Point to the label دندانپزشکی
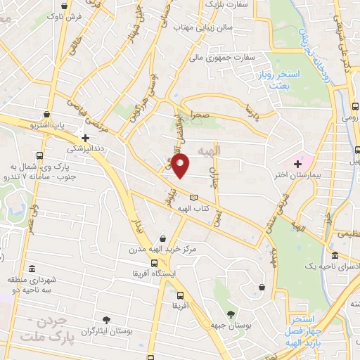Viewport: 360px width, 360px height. [85, 149]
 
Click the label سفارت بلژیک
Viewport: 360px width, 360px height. [227, 5]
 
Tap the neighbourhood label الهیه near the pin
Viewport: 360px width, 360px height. [209, 150]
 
